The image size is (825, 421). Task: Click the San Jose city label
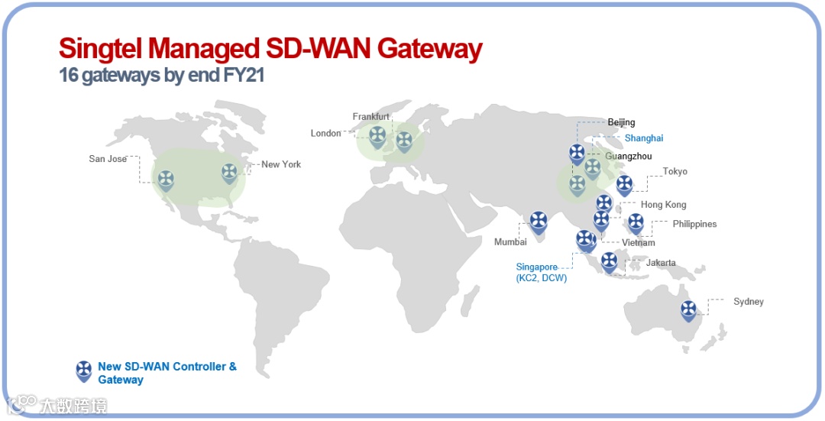coord(108,159)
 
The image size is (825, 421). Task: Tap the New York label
coord(281,164)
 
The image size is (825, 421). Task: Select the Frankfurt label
coord(370,117)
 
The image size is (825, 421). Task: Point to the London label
coord(326,134)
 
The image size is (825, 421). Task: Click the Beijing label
coord(621,122)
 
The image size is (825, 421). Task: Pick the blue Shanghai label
coord(644,138)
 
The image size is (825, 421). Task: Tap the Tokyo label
coord(675,172)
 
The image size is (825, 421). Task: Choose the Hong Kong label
coord(663,205)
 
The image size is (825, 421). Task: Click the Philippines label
coord(694,225)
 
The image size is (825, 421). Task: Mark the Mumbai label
coord(510,242)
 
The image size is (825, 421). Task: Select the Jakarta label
coord(661,263)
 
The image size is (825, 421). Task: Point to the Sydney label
coord(748,302)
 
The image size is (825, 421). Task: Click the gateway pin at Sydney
coord(689,309)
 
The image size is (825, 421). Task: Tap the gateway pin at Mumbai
coord(539,222)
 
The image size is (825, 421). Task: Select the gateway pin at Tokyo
coord(624,184)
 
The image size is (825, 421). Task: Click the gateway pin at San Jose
coord(166,180)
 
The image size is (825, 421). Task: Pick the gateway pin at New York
coord(229,173)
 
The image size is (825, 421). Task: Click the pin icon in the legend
coord(84,371)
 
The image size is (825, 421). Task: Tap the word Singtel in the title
coord(100,49)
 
